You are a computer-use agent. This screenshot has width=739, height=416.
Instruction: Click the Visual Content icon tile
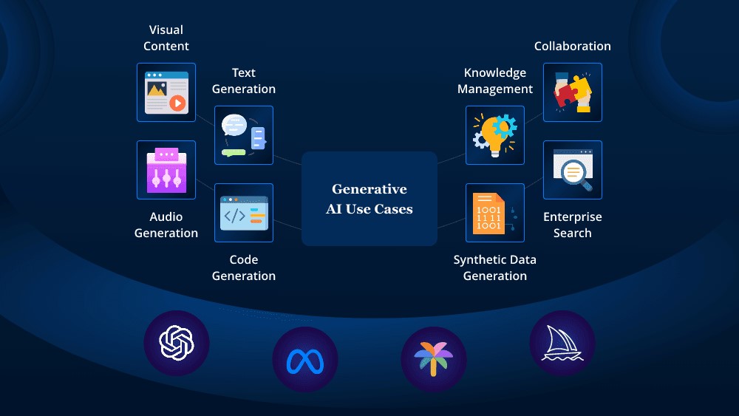pos(166,92)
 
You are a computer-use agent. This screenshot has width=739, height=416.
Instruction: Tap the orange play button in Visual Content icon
pos(177,103)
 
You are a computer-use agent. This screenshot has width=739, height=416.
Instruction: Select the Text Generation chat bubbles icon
pos(244,135)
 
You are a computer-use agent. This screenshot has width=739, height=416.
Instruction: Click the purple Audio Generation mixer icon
pos(166,170)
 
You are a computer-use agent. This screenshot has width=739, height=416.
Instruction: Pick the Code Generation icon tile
pos(244,213)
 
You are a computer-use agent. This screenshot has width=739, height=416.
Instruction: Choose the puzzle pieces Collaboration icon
pos(573,92)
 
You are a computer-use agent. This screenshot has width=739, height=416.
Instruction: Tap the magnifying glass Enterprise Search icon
pos(573,170)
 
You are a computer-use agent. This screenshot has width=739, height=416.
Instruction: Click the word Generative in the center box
pos(369,189)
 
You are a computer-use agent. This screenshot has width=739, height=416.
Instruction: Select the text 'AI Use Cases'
pos(369,209)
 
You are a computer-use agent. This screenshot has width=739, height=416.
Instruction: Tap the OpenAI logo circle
pos(177,343)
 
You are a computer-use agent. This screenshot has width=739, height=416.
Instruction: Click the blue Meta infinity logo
pos(305,360)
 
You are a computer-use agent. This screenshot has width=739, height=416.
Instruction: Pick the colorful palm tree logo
pos(433,360)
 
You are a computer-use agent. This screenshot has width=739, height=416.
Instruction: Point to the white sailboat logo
pos(562,343)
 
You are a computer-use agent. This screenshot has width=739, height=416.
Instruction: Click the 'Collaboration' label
pos(573,46)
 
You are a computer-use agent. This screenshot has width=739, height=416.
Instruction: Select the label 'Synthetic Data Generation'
pos(495,267)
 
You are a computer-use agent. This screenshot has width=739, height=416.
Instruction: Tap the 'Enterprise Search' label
pos(573,225)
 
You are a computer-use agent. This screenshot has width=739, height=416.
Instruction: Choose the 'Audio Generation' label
pos(166,225)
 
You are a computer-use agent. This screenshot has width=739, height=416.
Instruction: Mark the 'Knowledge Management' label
pos(495,81)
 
